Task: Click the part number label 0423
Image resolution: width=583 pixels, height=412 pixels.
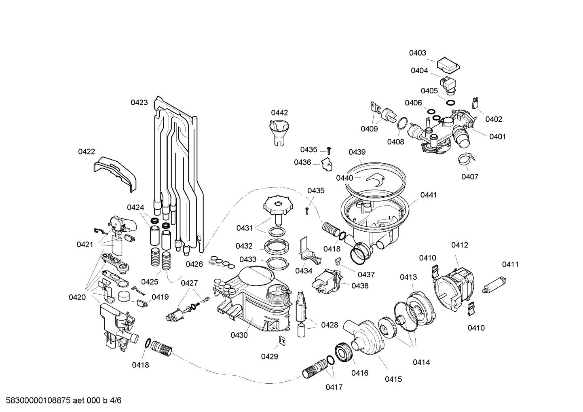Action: [x=139, y=103]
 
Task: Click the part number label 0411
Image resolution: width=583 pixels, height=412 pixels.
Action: [x=510, y=264]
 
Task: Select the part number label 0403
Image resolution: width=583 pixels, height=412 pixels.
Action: [x=417, y=53]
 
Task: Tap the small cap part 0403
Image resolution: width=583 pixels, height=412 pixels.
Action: [x=449, y=63]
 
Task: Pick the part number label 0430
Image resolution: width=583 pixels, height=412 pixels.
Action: [x=239, y=335]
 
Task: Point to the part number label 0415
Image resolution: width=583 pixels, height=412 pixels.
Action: [x=393, y=379]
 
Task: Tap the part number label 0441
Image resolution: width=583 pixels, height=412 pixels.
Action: [x=429, y=195]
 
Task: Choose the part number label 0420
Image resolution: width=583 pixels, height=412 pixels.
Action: [x=77, y=298]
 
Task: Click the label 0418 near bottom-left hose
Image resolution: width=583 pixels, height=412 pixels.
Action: [x=140, y=365]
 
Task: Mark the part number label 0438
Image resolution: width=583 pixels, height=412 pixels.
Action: [x=360, y=285]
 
